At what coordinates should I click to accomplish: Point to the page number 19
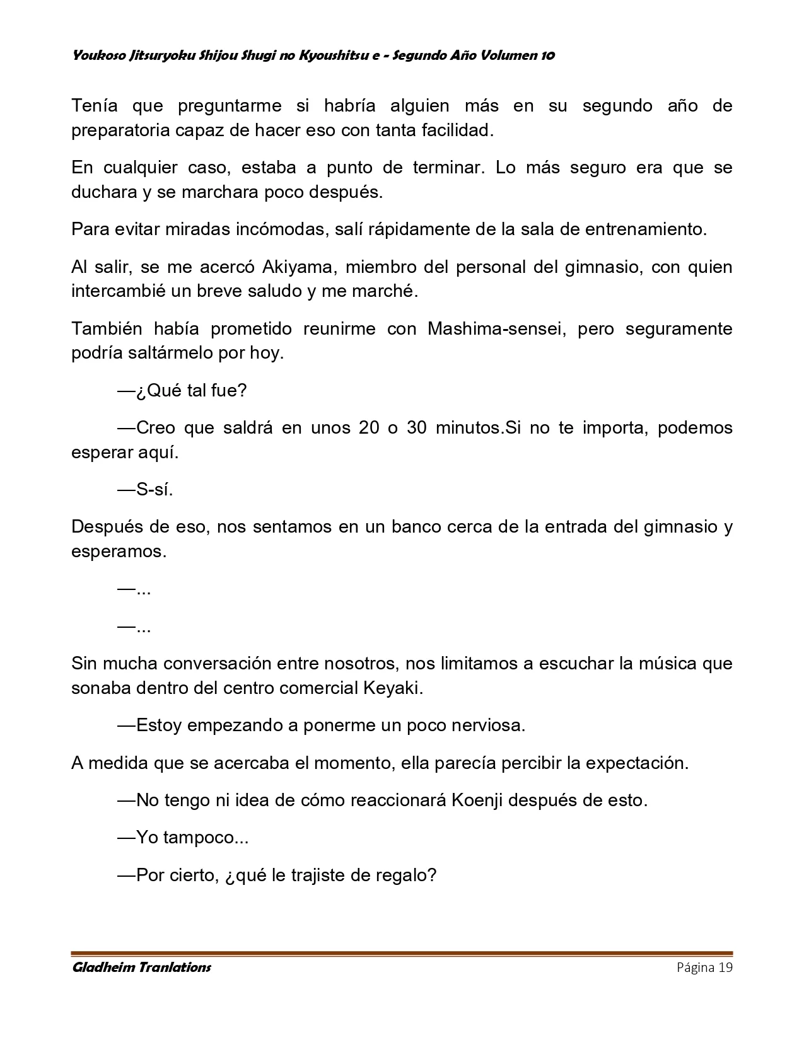(725, 968)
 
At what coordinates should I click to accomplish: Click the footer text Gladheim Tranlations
(142, 968)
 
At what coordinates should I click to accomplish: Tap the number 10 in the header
(547, 55)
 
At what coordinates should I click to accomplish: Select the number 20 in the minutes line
(369, 428)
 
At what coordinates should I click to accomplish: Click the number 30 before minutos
(417, 428)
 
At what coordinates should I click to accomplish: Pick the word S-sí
(154, 490)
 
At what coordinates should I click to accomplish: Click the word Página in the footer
(696, 968)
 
